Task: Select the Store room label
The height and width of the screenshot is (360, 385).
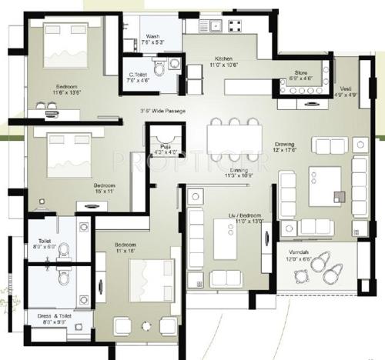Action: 301,75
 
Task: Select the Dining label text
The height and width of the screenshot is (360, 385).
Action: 237,172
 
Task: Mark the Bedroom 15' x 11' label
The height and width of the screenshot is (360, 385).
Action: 105,188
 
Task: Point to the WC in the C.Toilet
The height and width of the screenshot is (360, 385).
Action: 159,69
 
